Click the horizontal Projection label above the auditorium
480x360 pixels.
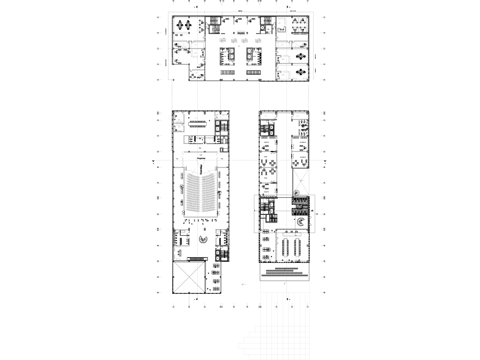pos(202,158)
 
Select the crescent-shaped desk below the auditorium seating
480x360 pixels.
pos(203,240)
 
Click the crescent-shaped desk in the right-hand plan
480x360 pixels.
pos(302,222)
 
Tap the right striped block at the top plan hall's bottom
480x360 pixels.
pos(253,72)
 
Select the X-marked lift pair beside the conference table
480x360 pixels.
pos(221,127)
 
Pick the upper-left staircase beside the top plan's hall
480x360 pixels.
pos(214,21)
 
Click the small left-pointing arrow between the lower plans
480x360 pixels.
pos(243,285)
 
